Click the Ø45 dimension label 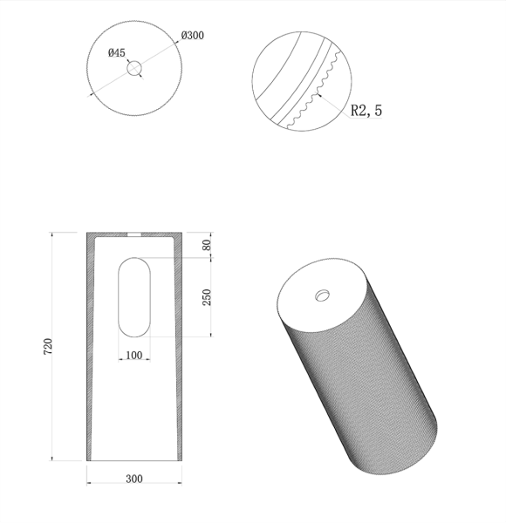click(116, 52)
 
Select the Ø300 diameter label click(193, 36)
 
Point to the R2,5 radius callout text click(366, 111)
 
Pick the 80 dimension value click(207, 245)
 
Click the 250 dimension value click(207, 297)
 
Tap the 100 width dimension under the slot click(134, 356)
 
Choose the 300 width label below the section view click(134, 479)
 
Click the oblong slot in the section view click(134, 296)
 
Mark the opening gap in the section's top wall click(134, 234)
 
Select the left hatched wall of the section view click(89, 349)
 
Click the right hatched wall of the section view click(180, 349)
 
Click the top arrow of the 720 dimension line click(54, 234)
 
